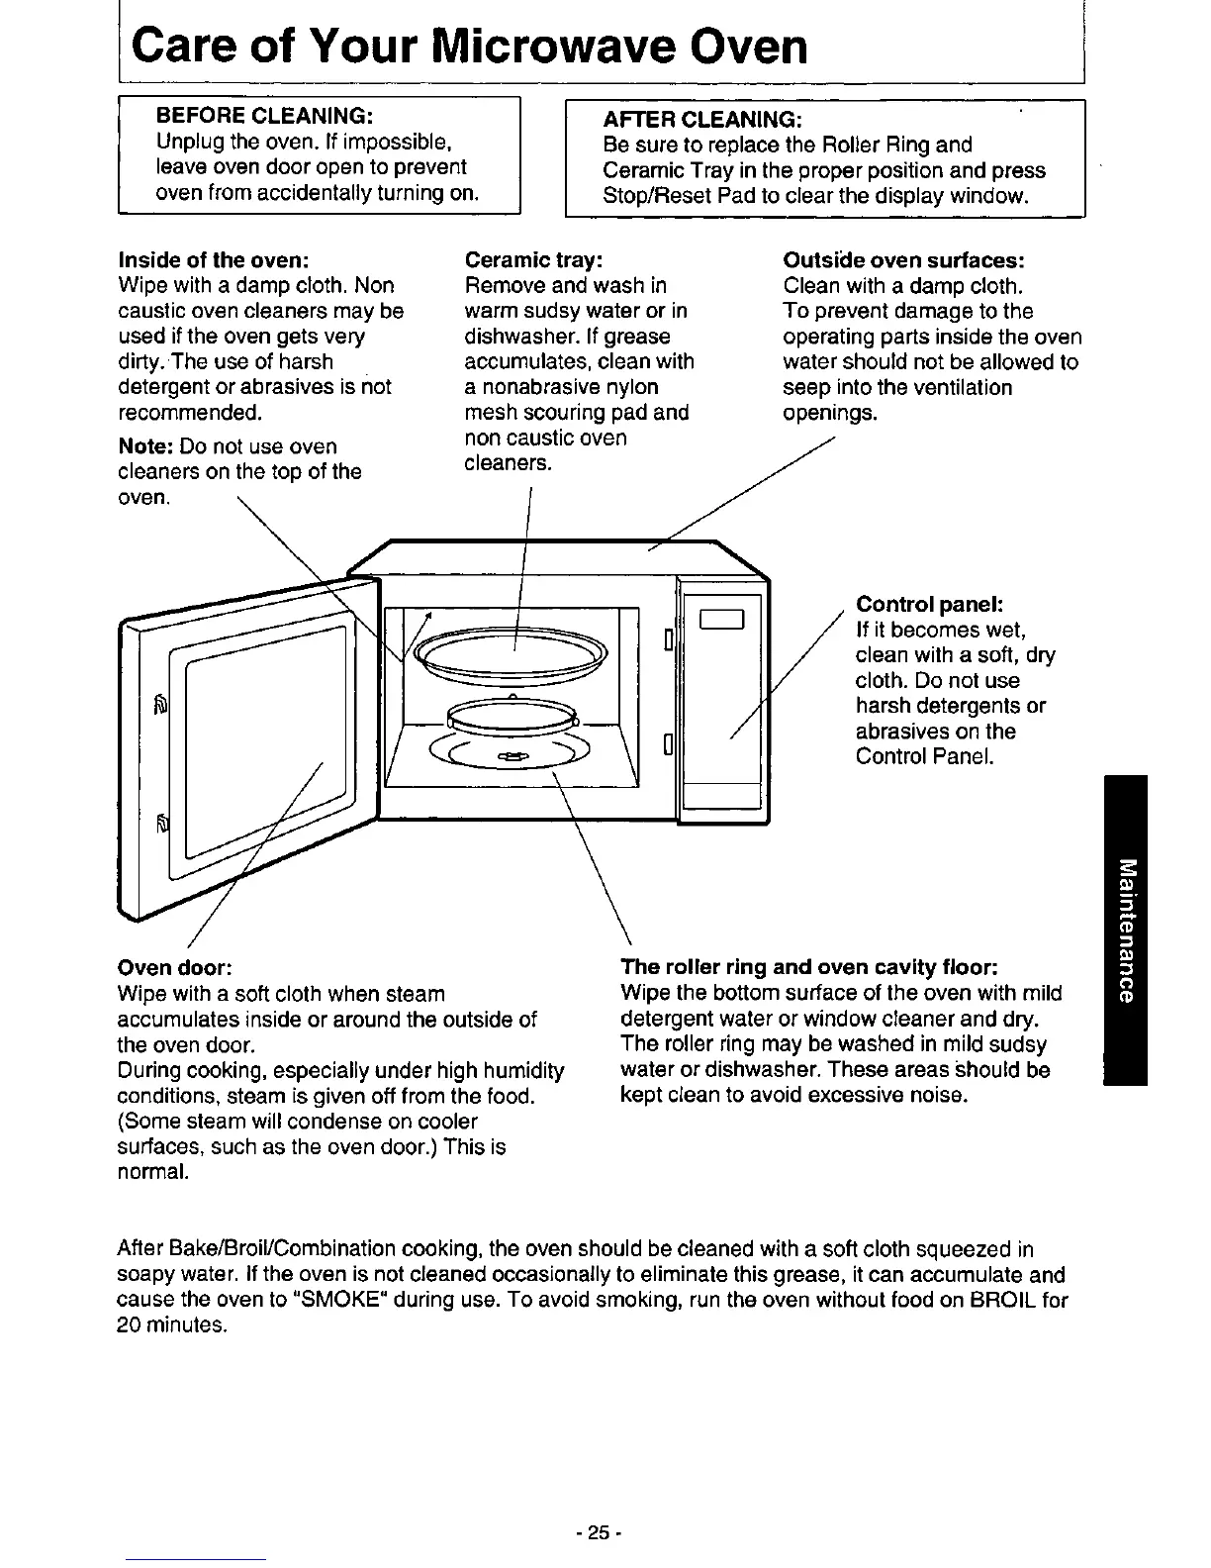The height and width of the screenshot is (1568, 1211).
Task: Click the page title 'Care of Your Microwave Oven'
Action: coord(469,46)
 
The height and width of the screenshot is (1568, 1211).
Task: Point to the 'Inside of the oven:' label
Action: coord(214,260)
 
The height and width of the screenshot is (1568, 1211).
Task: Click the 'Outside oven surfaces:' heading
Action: coord(903,260)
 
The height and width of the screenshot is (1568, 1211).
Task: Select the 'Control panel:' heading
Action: coord(931,604)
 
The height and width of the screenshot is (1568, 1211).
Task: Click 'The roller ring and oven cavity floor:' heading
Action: coord(808,967)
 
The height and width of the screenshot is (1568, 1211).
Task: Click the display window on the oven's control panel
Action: coord(720,621)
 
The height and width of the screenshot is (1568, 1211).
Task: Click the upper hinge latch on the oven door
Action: coord(162,705)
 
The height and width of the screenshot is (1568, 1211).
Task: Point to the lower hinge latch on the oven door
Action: coord(164,824)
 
